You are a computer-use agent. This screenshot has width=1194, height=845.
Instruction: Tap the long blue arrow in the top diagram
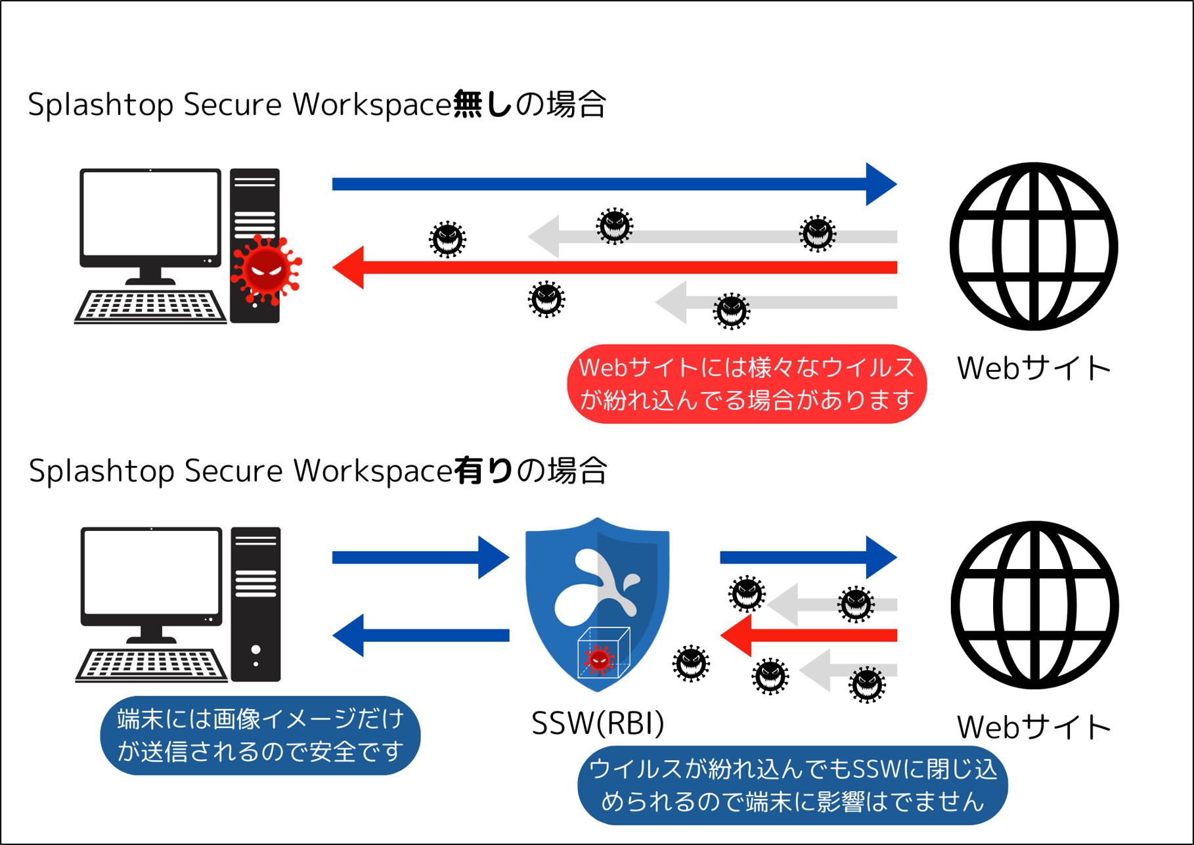(x=611, y=184)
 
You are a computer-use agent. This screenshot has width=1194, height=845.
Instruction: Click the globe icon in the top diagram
(x=1034, y=246)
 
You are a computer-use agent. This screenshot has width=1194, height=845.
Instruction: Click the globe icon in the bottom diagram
(x=1034, y=605)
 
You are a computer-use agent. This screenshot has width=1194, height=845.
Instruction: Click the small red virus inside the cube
(x=599, y=659)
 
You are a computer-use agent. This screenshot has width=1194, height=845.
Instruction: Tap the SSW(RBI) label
(x=598, y=723)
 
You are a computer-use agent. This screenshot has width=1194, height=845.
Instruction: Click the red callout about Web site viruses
(x=747, y=384)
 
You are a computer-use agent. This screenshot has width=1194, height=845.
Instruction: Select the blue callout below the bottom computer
(x=260, y=735)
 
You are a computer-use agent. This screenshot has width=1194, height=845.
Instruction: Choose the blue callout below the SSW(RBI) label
(x=792, y=785)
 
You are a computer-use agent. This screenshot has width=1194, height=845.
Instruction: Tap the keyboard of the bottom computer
(x=152, y=665)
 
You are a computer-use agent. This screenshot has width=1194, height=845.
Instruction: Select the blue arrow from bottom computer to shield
(x=420, y=558)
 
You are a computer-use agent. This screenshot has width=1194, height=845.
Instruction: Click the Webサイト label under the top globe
(x=1033, y=368)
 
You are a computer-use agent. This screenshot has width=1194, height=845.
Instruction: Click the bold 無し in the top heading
(x=482, y=104)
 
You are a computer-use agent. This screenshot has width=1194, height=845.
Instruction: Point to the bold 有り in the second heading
(x=483, y=470)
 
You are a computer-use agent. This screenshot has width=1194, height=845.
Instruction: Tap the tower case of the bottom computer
(x=255, y=605)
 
